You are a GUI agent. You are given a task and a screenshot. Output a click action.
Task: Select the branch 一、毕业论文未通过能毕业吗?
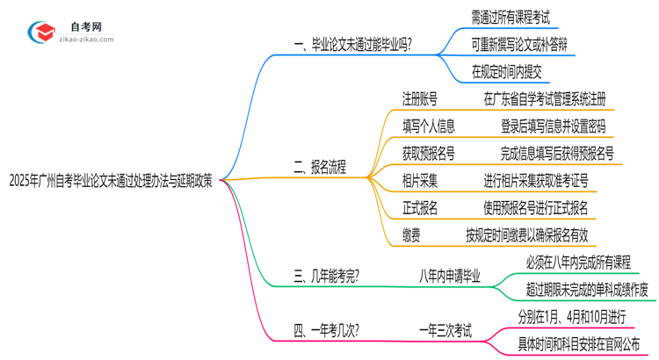pyautogui.click(x=355, y=42)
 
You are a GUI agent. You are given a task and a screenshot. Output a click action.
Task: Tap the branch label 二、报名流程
pyautogui.click(x=320, y=165)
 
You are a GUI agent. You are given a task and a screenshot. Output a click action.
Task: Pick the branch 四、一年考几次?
pyautogui.click(x=326, y=331)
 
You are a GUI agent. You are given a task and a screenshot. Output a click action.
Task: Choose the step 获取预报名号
pyautogui.click(x=429, y=154)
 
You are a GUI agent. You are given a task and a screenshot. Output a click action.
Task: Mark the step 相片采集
pyautogui.click(x=420, y=181)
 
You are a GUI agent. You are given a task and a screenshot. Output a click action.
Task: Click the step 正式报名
pyautogui.click(x=420, y=207)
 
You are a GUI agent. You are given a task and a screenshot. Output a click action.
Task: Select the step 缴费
pyautogui.click(x=410, y=234)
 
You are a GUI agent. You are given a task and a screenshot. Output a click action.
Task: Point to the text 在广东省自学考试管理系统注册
pyautogui.click(x=545, y=99)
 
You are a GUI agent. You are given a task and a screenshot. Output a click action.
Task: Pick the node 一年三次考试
pyautogui.click(x=443, y=331)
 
